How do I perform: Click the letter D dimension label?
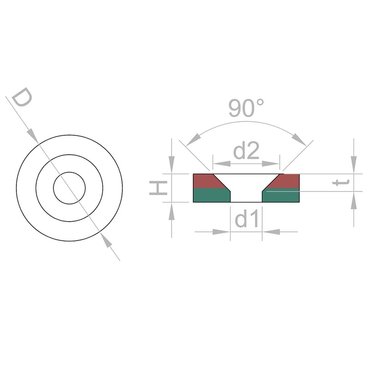(x=22, y=97)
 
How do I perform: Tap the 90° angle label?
(x=246, y=108)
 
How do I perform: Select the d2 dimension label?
(x=246, y=151)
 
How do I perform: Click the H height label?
(x=158, y=188)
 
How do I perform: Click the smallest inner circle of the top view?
(x=69, y=188)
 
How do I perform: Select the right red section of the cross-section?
(x=285, y=181)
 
